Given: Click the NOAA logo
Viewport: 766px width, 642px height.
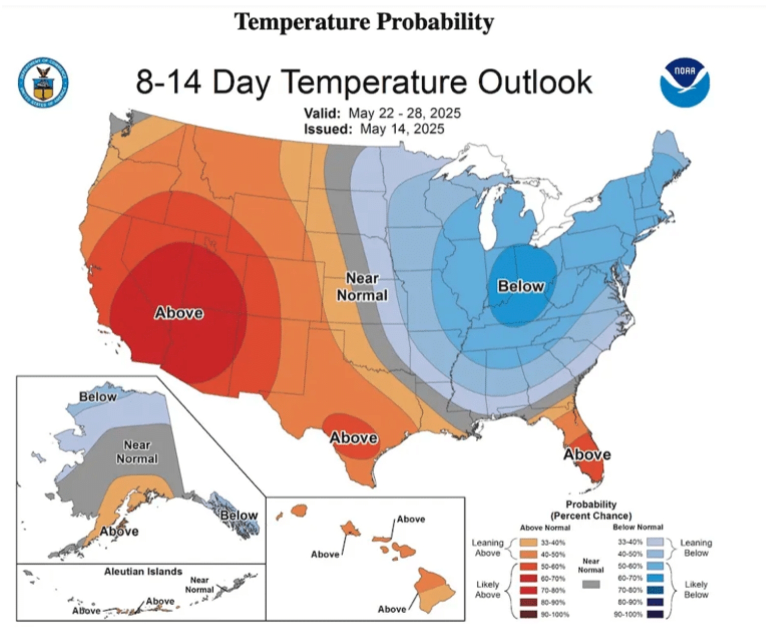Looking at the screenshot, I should click(x=684, y=83).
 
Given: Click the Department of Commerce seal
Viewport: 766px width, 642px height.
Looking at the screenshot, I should click(x=43, y=83).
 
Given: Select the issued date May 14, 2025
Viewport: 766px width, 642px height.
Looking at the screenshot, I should click(x=402, y=129).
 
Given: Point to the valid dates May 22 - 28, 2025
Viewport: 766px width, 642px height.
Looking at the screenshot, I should click(x=404, y=113).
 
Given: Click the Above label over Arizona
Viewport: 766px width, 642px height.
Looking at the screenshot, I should click(x=179, y=313).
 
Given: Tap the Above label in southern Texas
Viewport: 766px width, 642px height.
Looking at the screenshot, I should click(x=353, y=437).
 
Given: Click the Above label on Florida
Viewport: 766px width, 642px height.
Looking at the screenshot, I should click(x=587, y=455).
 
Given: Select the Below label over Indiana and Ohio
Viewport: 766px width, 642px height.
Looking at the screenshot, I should click(x=520, y=286).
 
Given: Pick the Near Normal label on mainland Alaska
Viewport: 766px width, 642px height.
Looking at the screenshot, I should click(x=137, y=452).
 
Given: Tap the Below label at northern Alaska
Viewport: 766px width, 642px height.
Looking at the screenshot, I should click(x=98, y=397).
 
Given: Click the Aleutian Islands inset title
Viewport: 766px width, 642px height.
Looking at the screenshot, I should click(x=143, y=572).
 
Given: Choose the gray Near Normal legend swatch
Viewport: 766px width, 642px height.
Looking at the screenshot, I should click(x=591, y=585).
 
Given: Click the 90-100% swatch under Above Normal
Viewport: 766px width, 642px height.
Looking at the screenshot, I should click(x=528, y=614).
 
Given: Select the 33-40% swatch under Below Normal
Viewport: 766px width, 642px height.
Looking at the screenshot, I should click(x=655, y=542).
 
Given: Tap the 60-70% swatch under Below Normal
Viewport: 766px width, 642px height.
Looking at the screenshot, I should click(x=655, y=578).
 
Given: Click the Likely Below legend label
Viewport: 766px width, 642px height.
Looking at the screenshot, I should click(x=696, y=589).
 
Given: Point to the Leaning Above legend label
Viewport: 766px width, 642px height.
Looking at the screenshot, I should click(x=488, y=548).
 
